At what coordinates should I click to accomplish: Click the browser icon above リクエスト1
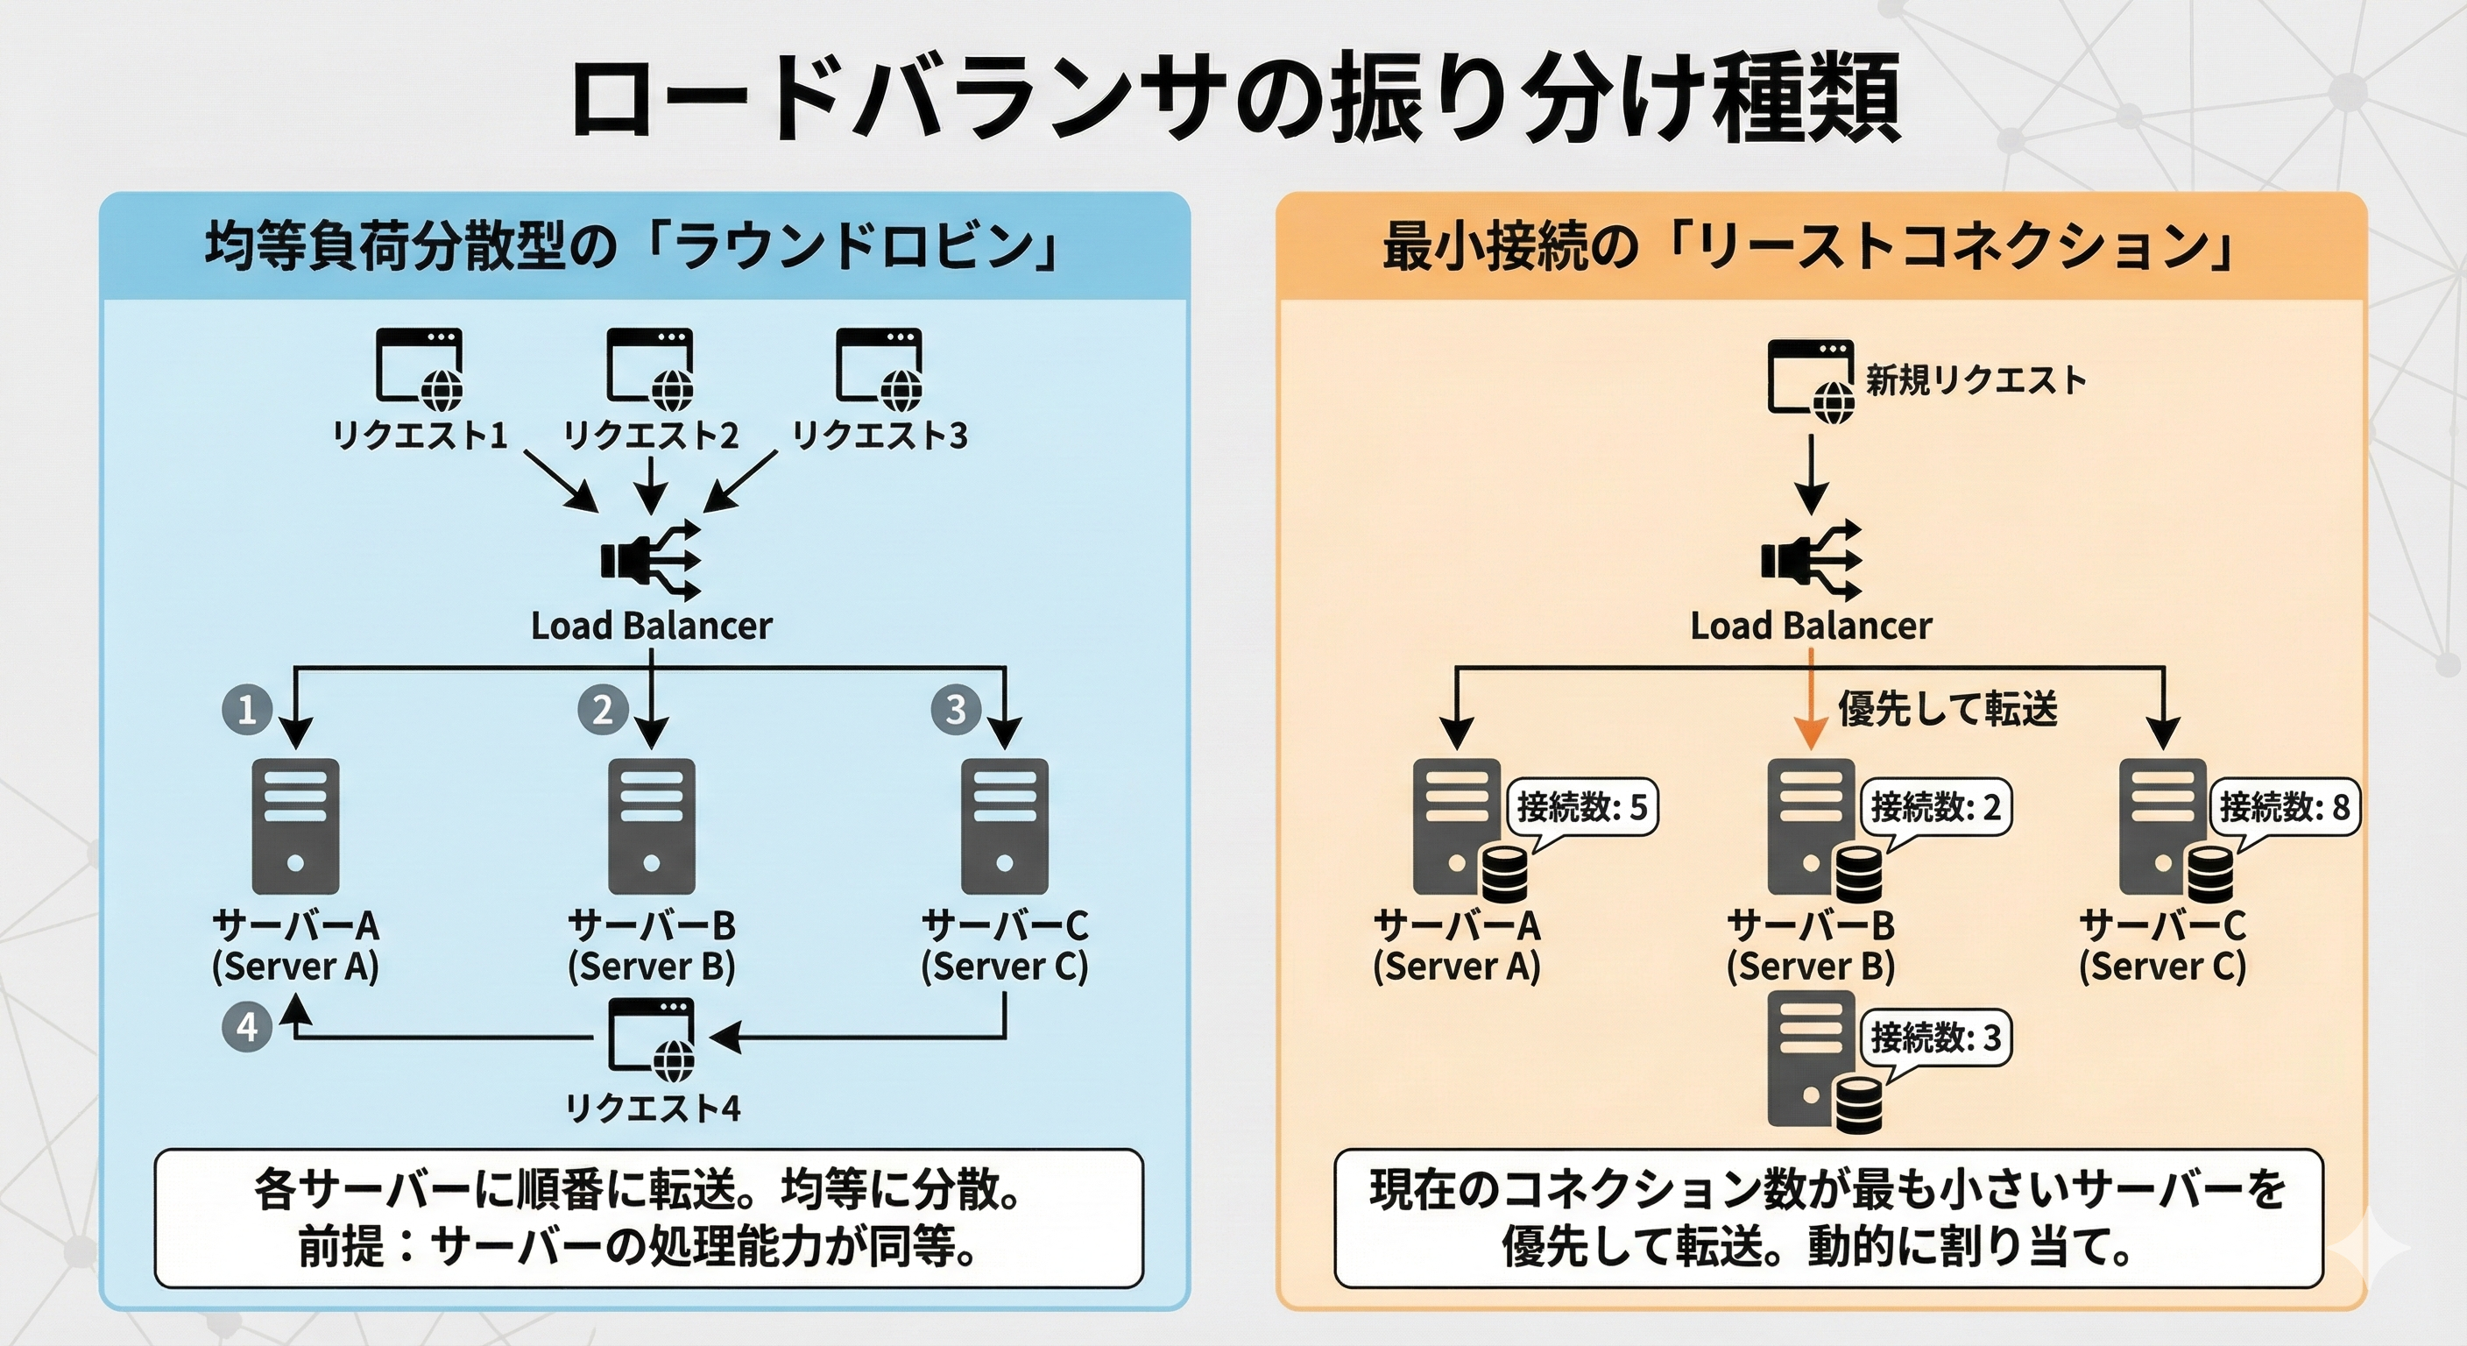click(419, 367)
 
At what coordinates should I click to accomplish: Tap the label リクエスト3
click(880, 436)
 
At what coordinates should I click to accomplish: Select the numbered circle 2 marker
click(603, 710)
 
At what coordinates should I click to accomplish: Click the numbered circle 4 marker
click(247, 1027)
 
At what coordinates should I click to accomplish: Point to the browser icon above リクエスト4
click(651, 1038)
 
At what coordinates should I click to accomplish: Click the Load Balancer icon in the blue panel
click(651, 562)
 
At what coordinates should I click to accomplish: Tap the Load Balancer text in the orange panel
click(1810, 626)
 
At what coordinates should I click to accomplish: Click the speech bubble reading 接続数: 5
click(1582, 808)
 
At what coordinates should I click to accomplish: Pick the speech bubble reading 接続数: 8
click(2284, 808)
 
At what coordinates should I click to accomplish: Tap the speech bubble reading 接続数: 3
click(1935, 1038)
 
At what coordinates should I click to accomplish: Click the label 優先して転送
click(1947, 710)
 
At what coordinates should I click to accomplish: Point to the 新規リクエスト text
click(1976, 380)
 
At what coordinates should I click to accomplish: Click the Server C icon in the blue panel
click(1005, 825)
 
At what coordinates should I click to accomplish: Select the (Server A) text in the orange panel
click(1456, 966)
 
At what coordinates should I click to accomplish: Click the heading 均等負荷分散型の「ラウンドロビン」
click(632, 247)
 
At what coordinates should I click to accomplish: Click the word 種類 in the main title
click(1806, 99)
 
